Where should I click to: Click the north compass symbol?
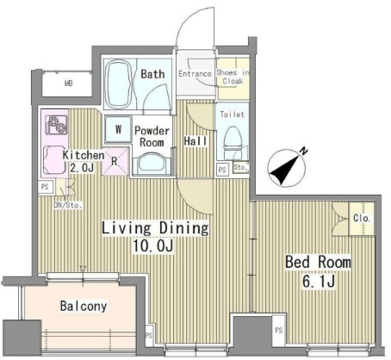287,168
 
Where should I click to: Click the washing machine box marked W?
118,129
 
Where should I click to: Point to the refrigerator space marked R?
115,161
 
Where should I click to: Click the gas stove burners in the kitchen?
56,125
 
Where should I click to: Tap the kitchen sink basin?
54,160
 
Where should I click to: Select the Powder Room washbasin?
152,164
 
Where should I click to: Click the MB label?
68,84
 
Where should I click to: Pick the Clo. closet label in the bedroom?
362,219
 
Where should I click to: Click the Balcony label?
84,307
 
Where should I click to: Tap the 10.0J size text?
152,246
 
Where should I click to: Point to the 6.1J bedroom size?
319,282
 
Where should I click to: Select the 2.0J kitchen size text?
82,167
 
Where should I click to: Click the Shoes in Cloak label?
233,77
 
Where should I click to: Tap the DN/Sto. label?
68,205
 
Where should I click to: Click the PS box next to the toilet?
222,170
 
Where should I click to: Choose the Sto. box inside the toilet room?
240,167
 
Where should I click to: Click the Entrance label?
195,74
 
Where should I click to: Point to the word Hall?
195,141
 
